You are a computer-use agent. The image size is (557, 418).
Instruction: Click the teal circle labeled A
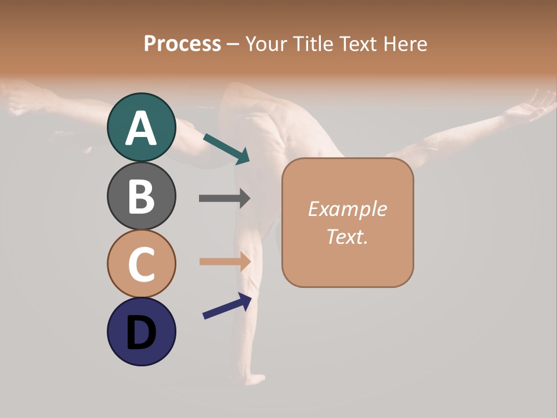(141, 127)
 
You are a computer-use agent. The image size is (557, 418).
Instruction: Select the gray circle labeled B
(141, 196)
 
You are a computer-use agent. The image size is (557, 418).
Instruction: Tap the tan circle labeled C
(141, 264)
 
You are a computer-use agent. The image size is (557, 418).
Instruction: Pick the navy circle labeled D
(141, 331)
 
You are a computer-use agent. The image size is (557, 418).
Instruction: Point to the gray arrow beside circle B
(225, 198)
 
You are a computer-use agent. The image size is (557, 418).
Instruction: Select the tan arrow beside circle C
(225, 261)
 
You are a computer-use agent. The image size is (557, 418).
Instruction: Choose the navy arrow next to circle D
(227, 306)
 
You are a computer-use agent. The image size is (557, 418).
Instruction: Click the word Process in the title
(182, 44)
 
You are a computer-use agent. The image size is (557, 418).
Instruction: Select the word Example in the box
(347, 209)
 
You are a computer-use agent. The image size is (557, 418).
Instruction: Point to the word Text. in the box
(347, 236)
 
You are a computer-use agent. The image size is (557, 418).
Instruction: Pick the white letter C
(141, 264)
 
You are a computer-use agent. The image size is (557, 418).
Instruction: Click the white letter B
(141, 196)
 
